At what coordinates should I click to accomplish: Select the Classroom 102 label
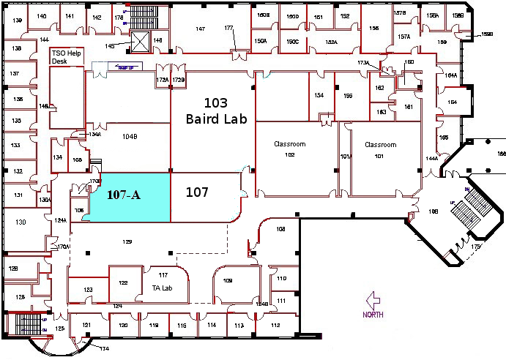(x=289, y=149)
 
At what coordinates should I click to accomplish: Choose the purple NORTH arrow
(x=373, y=300)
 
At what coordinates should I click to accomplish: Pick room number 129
(x=127, y=241)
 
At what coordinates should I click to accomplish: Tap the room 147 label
(x=200, y=29)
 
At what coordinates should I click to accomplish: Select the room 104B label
(x=130, y=136)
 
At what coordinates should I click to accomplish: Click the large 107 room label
(x=197, y=192)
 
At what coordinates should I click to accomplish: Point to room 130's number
(x=21, y=222)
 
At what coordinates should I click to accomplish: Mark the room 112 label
(x=275, y=325)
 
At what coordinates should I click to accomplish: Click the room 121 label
(x=86, y=325)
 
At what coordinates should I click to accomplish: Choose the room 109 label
(x=227, y=282)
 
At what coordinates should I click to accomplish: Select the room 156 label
(x=374, y=29)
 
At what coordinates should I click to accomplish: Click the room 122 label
(x=123, y=282)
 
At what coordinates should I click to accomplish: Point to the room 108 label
(x=280, y=230)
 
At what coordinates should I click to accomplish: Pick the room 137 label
(x=15, y=74)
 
